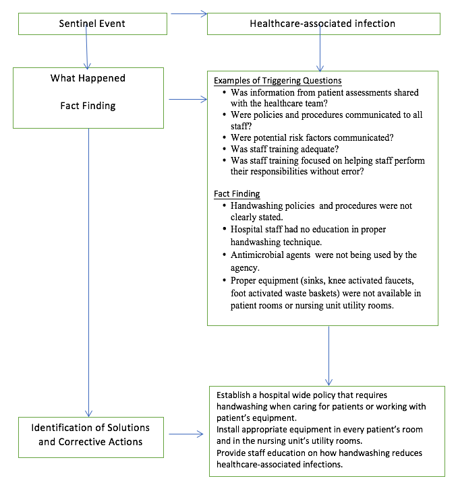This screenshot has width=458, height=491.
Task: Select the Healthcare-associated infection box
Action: click(323, 24)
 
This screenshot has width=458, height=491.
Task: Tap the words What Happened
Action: click(87, 79)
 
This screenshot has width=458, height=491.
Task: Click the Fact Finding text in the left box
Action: click(87, 106)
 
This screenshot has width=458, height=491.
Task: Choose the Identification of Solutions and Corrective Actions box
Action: click(90, 435)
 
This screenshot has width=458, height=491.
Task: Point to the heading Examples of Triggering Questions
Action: click(278, 81)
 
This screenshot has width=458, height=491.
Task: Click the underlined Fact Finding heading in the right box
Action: click(237, 194)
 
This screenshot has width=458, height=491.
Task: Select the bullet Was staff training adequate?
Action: click(284, 149)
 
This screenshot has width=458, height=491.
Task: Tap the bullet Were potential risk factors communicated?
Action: click(312, 137)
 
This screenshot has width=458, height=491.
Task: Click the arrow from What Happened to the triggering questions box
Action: click(188, 100)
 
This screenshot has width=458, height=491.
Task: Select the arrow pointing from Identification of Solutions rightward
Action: click(185, 434)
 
